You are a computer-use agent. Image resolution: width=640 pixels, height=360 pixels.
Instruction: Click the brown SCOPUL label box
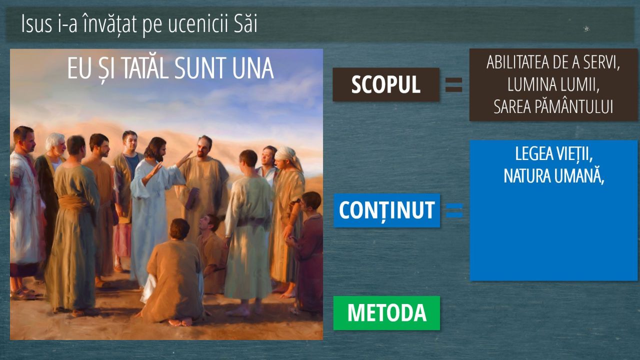coord(386,84)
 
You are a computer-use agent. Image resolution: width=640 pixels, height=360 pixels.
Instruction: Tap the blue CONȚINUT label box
coord(387,210)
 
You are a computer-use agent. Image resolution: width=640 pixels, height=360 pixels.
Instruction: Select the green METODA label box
coord(386,313)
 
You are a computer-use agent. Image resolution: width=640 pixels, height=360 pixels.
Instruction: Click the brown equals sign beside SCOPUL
coord(454,85)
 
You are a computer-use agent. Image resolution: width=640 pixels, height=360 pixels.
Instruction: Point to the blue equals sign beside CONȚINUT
coord(454,210)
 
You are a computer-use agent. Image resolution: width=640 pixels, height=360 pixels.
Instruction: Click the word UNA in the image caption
coord(253,68)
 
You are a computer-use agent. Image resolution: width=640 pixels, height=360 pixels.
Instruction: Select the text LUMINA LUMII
coord(553,84)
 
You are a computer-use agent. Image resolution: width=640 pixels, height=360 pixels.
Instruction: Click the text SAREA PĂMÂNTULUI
coord(553,106)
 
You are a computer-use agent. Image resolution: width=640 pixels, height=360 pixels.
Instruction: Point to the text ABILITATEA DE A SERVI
coord(553,62)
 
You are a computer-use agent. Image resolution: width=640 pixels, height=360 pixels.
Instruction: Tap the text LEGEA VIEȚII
coord(553,154)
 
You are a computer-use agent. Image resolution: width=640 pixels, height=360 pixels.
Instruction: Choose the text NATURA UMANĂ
coord(553,176)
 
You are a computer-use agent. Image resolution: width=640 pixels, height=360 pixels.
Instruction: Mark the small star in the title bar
coord(586,28)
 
